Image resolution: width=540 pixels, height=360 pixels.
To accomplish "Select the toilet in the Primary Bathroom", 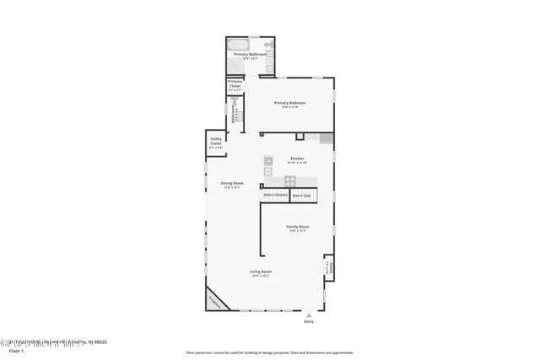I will [x=267, y=44].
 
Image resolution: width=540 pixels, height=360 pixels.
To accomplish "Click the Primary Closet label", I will [x=235, y=84].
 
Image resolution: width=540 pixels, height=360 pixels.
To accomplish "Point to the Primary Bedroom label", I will [x=289, y=104].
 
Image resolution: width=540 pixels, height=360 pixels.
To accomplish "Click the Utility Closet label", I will [x=216, y=142].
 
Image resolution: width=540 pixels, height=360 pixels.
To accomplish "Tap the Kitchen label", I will [x=297, y=159].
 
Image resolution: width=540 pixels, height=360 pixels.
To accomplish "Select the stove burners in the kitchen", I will [x=289, y=180].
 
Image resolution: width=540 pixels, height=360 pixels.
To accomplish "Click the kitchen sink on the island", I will [x=268, y=160].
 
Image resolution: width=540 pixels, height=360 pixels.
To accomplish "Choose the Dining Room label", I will [x=232, y=185].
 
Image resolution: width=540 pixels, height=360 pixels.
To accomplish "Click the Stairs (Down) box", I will [x=275, y=196].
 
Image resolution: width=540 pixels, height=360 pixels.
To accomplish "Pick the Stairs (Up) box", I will [x=301, y=196].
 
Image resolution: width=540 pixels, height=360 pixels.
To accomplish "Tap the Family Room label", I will [x=298, y=228].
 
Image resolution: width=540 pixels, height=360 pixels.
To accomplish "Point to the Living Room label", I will [x=260, y=272].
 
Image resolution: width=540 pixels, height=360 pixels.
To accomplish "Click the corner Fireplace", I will [x=217, y=299].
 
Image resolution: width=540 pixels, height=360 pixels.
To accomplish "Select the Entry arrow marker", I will [x=308, y=314].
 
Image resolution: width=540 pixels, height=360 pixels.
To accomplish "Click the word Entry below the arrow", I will [x=308, y=321].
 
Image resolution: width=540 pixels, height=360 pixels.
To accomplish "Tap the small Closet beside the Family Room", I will [x=330, y=268].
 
